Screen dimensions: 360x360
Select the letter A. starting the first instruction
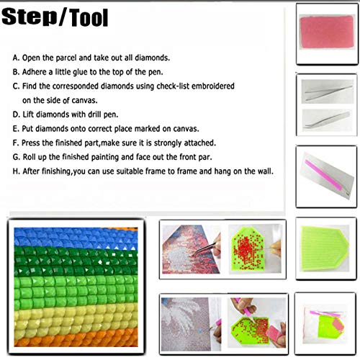point(16,58)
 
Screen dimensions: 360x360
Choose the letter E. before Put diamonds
point(16,129)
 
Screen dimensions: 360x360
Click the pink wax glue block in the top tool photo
point(327,32)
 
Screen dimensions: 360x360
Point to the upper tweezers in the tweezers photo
point(328,93)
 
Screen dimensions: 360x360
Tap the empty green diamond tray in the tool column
point(325,248)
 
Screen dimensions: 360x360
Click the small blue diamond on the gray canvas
point(200,331)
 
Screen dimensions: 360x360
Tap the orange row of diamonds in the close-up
point(76,338)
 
